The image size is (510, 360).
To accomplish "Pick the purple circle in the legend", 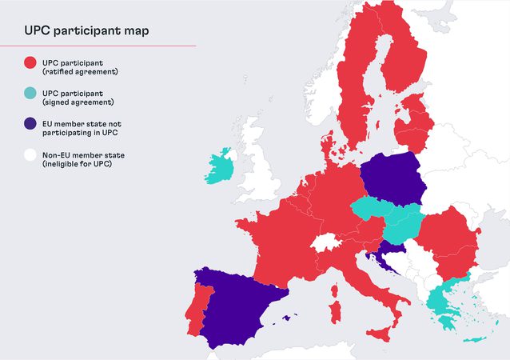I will point(30,124).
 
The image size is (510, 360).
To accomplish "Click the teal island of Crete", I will point(472,340).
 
